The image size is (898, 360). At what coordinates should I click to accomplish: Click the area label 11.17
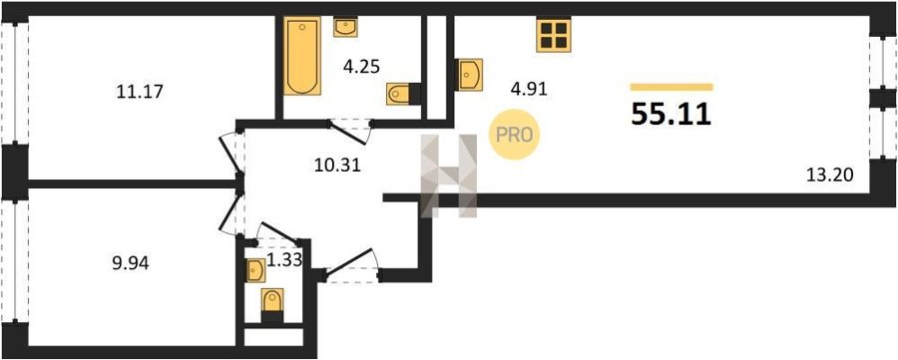(141, 91)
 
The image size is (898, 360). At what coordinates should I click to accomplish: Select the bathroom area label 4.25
(362, 67)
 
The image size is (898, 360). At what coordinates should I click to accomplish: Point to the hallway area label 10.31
(337, 166)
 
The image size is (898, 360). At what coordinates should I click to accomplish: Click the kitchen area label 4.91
(530, 89)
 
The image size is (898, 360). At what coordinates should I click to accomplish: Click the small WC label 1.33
(284, 261)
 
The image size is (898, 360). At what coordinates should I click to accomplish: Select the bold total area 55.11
(672, 115)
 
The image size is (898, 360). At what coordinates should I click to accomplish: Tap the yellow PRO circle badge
(514, 135)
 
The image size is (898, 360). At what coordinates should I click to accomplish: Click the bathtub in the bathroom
(301, 57)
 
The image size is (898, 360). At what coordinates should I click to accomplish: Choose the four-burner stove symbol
(554, 34)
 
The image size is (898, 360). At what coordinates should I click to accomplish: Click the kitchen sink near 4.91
(469, 75)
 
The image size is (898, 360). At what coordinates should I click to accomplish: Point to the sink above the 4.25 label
(346, 27)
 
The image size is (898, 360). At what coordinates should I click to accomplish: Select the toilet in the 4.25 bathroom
(403, 94)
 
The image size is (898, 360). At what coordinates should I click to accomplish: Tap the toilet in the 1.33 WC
(272, 305)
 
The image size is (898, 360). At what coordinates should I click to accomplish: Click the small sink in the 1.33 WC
(254, 270)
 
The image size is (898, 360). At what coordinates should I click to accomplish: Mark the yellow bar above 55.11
(672, 87)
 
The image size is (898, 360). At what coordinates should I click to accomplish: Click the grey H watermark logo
(449, 176)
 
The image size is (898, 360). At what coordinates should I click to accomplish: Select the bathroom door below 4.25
(349, 131)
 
